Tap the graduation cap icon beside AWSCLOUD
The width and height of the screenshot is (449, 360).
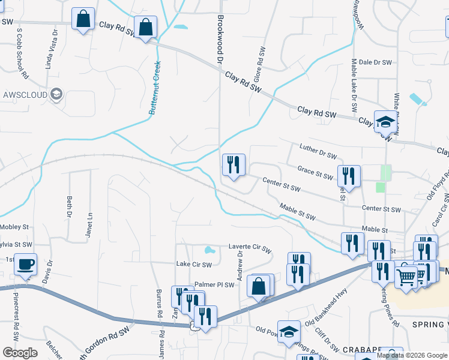(x=56, y=94)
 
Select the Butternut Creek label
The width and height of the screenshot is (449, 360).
(x=155, y=88)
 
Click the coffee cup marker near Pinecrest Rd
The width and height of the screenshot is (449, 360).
(x=25, y=265)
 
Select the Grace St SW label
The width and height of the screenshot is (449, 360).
(x=315, y=173)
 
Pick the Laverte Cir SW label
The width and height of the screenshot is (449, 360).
(x=250, y=247)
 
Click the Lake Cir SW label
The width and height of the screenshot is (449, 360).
(x=194, y=264)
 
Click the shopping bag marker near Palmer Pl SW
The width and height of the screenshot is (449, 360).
(x=259, y=286)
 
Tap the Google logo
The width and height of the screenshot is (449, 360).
(x=20, y=353)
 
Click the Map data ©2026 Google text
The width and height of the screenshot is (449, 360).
(x=411, y=355)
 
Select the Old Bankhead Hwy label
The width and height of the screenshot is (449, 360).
(x=327, y=302)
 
